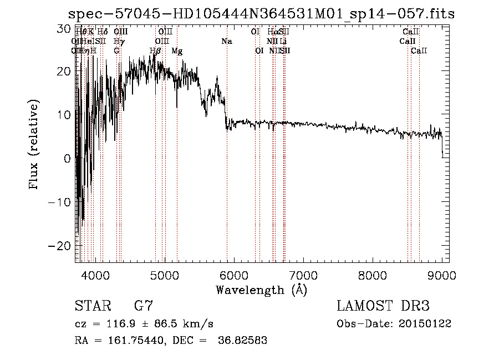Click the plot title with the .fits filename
(x=261, y=14)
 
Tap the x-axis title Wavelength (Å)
(x=261, y=290)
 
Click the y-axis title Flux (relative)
(x=35, y=146)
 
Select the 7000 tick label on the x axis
(x=303, y=275)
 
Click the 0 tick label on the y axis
(x=67, y=159)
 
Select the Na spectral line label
(x=226, y=41)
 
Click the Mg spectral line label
(x=177, y=51)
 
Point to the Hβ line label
(x=156, y=51)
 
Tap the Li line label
(x=283, y=41)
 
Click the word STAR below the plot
(x=92, y=306)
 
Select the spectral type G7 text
(x=143, y=306)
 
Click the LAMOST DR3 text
(x=383, y=306)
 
